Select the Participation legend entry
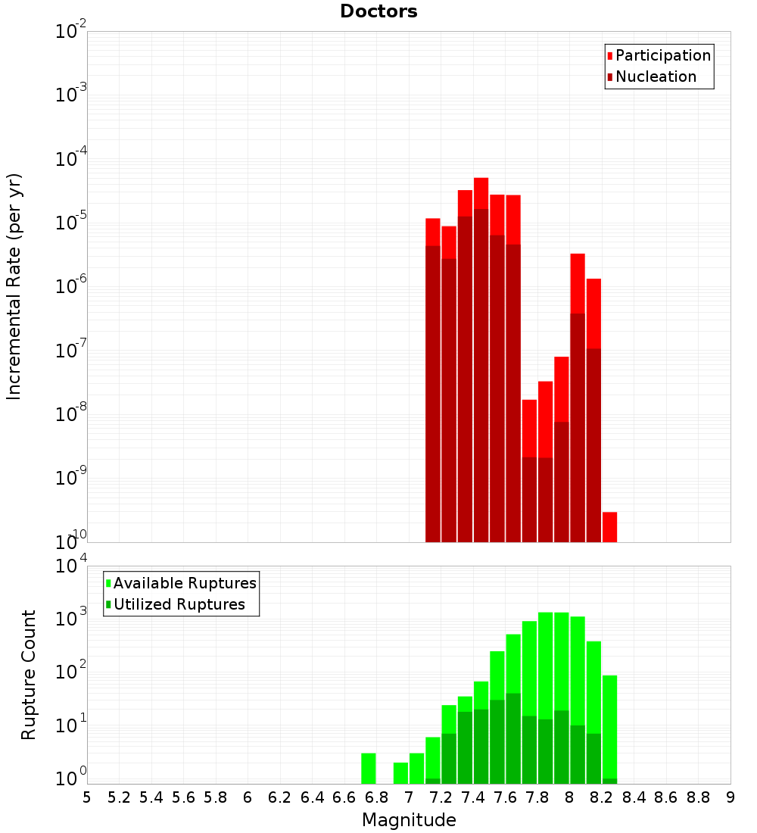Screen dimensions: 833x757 663,55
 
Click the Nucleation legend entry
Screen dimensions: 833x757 656,76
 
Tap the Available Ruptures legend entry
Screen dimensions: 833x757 185,583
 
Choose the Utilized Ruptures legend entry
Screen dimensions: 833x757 179,604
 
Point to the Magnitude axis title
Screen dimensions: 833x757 409,819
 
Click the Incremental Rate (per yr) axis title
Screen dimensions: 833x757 14,286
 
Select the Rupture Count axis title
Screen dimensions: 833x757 29,674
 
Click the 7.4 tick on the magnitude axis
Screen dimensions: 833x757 473,797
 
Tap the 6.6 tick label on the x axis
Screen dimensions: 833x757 344,797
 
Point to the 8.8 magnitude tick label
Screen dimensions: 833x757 698,797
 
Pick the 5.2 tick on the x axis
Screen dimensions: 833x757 119,797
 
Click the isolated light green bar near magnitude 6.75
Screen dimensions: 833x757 369,768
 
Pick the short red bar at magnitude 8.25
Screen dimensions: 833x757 609,526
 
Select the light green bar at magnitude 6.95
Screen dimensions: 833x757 400,772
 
